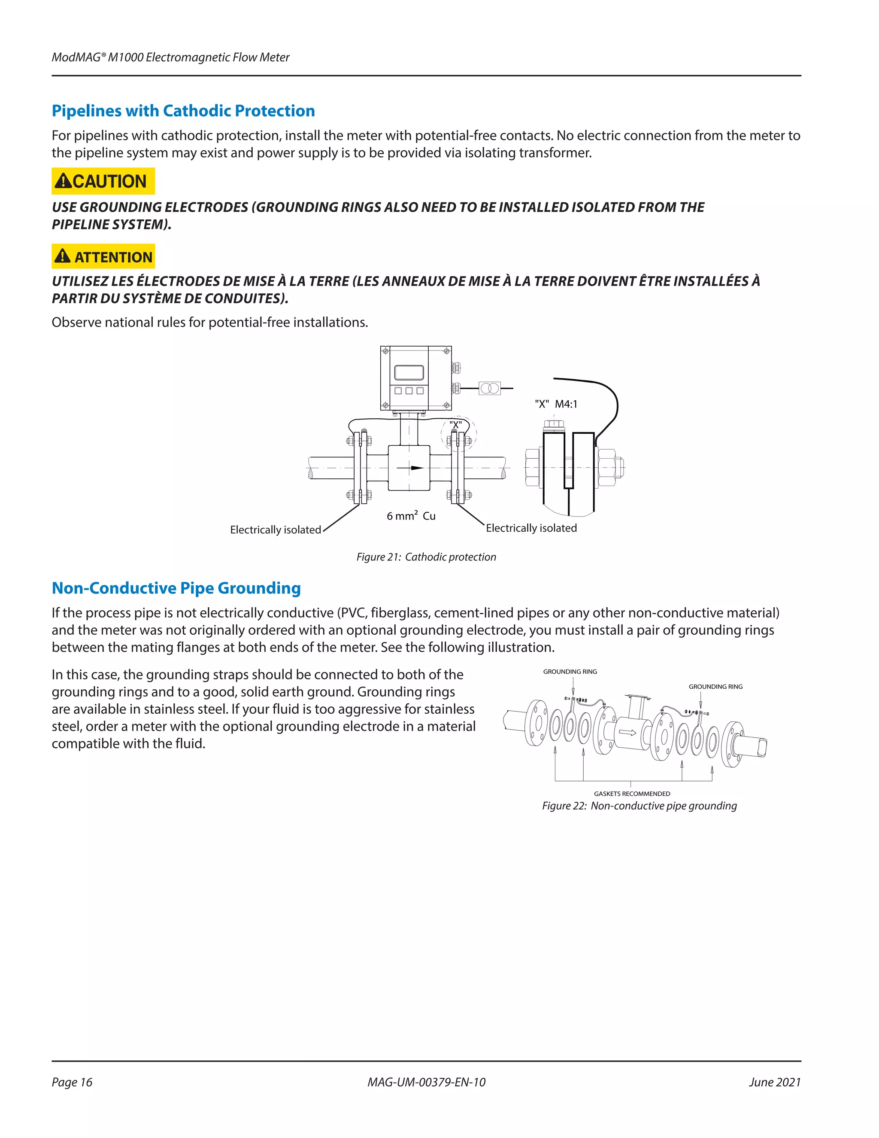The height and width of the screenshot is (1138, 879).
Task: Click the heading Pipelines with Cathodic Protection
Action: coord(183,110)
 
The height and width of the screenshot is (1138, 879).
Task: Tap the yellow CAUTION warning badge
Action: coord(103,181)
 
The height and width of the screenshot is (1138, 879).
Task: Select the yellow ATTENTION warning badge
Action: coord(103,256)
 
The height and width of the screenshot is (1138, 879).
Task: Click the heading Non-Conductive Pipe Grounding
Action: coord(176,588)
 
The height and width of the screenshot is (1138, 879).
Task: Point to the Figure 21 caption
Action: coord(426,557)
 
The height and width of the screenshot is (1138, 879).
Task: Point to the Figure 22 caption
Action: coord(639,806)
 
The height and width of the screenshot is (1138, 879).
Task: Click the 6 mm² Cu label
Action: coord(411,516)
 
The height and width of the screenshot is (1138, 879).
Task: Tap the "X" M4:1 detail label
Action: coord(556,404)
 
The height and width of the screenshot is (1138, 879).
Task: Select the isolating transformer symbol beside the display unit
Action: coord(489,388)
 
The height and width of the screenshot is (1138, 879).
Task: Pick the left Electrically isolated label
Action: coord(276,529)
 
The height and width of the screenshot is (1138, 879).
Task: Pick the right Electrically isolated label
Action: coord(531,528)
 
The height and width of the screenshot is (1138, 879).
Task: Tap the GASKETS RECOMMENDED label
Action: coord(632,794)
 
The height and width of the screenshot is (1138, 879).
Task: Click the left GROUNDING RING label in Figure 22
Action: coord(570,672)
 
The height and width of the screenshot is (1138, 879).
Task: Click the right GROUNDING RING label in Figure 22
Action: coord(715,687)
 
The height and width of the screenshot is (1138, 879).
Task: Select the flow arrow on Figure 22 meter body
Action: coord(627,733)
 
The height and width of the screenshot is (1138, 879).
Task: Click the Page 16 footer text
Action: coord(72,1082)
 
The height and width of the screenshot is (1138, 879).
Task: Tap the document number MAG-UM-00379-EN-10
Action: coord(426,1082)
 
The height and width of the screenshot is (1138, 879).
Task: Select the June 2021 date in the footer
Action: coord(774,1082)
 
